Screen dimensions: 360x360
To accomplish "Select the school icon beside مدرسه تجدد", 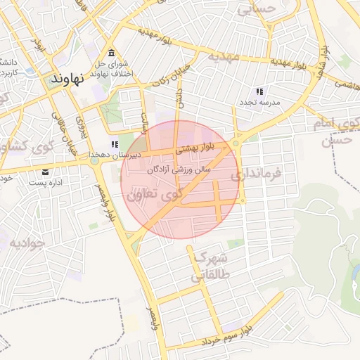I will (259, 91).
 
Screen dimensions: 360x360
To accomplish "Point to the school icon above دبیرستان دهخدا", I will (115, 144).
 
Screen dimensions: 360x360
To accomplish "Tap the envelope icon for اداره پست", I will (46, 172).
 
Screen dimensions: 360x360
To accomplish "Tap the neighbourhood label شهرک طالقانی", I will (210, 266).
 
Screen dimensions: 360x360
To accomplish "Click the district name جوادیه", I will (27, 243).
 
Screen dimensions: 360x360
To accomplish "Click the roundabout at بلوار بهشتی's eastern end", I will (235, 143).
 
